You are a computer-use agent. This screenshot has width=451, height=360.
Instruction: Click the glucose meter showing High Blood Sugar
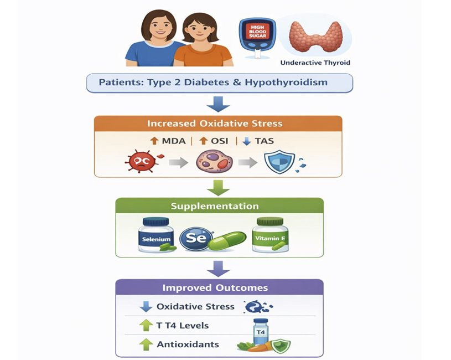[257, 38]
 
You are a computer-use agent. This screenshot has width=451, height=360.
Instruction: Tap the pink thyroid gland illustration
[315, 37]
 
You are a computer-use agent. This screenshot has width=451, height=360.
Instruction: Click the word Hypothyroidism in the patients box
[286, 83]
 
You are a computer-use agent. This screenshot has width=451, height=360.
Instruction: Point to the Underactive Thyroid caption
[315, 63]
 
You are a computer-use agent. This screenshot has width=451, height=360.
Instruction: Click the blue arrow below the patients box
[218, 104]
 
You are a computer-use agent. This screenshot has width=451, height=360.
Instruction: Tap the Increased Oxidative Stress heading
[215, 124]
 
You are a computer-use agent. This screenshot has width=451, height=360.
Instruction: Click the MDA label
[173, 141]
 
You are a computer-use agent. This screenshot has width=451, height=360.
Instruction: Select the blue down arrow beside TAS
[246, 141]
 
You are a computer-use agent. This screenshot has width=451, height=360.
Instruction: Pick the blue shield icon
[279, 161]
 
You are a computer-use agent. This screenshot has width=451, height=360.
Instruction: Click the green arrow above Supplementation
[218, 188]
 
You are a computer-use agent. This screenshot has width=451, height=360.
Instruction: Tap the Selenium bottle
[157, 235]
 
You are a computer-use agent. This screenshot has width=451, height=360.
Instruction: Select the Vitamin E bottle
[270, 235]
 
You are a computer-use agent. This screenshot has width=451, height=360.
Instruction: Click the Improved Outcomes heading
[215, 288]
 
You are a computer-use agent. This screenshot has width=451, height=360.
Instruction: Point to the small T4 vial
[261, 332]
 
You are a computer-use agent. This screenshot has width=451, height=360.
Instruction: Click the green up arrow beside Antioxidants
[146, 344]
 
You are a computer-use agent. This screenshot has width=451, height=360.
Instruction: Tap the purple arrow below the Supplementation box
[218, 269]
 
